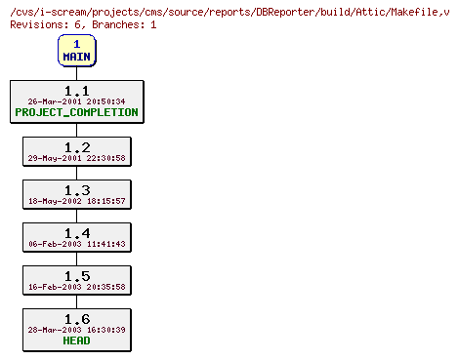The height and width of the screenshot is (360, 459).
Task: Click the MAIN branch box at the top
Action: click(76, 50)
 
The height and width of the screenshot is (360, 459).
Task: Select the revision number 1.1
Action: click(76, 90)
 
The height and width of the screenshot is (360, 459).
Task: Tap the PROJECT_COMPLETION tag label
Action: click(76, 112)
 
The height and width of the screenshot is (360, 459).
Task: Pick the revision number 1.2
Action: click(76, 146)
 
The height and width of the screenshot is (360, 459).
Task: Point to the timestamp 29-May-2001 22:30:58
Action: click(76, 157)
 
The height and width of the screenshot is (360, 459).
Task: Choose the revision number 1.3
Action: click(76, 190)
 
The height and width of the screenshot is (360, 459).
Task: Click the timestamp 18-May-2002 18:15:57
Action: click(76, 201)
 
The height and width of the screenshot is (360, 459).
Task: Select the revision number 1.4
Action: click(76, 233)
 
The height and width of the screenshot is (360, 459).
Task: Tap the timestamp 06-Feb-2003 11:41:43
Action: click(76, 244)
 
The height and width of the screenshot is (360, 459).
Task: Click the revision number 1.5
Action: click(76, 276)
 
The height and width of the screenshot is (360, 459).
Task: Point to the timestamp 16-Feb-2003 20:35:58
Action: click(76, 287)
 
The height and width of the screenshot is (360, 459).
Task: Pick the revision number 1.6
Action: click(76, 319)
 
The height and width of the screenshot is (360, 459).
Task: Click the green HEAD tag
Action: click(76, 340)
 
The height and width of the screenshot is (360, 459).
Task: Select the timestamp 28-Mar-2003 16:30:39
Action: click(76, 330)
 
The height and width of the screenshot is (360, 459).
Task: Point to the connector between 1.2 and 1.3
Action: click(76, 173)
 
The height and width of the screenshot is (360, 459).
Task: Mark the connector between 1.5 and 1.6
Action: click(76, 301)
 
